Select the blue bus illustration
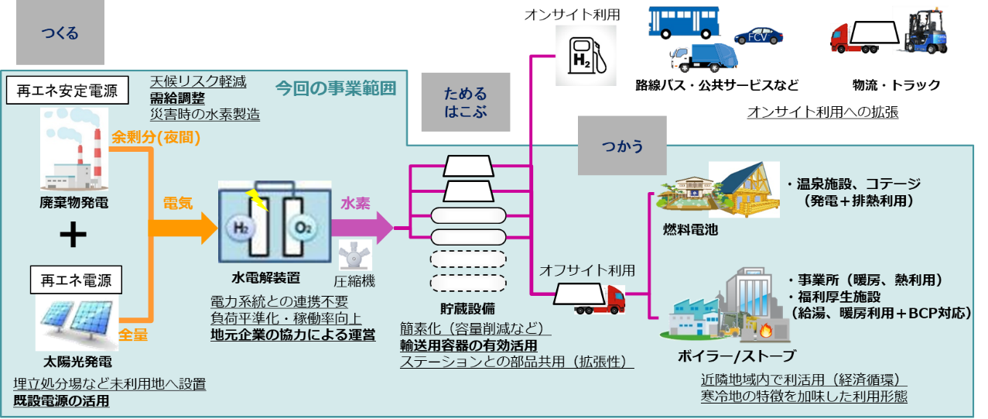click(684, 23)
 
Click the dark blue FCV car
click(758, 36)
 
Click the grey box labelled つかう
click(622, 145)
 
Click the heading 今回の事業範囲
click(335, 88)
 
